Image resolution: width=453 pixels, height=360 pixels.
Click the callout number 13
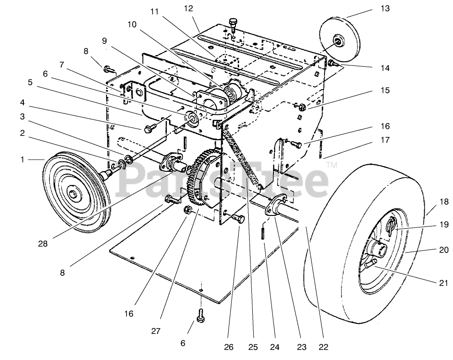pyautogui.click(x=385, y=9)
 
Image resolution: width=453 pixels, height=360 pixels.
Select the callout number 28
pyautogui.click(x=43, y=244)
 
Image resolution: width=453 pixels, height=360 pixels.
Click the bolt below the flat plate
pyautogui.click(x=201, y=316)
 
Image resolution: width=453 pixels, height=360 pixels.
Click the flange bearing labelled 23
pyautogui.click(x=276, y=206)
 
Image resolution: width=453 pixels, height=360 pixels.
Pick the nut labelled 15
pyautogui.click(x=302, y=107)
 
